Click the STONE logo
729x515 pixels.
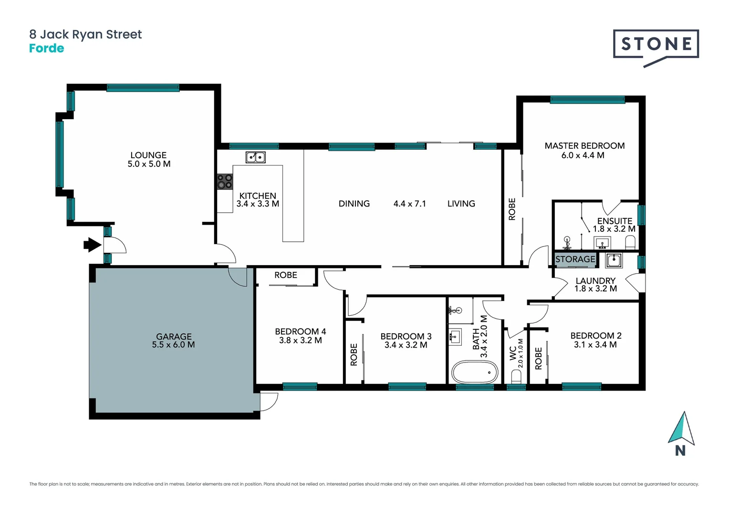(x=656, y=45)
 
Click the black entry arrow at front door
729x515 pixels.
(x=92, y=245)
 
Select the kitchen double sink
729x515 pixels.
(x=255, y=157)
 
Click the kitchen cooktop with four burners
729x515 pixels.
(x=225, y=181)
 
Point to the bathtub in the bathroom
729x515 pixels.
(x=475, y=372)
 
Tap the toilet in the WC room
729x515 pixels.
(x=516, y=376)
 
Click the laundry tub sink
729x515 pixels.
(x=614, y=260)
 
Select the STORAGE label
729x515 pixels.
(x=575, y=259)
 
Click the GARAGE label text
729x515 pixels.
(x=174, y=337)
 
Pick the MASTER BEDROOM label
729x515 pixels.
(x=584, y=146)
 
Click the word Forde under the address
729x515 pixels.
(x=46, y=48)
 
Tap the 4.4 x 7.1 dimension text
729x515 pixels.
(x=409, y=204)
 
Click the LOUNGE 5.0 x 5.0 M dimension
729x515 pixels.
(x=149, y=164)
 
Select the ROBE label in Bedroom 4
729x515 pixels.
(x=285, y=275)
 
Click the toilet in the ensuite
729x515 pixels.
(x=630, y=244)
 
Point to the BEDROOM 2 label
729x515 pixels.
(x=595, y=336)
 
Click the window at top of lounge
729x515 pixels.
(x=143, y=88)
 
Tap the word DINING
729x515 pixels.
(x=354, y=204)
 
